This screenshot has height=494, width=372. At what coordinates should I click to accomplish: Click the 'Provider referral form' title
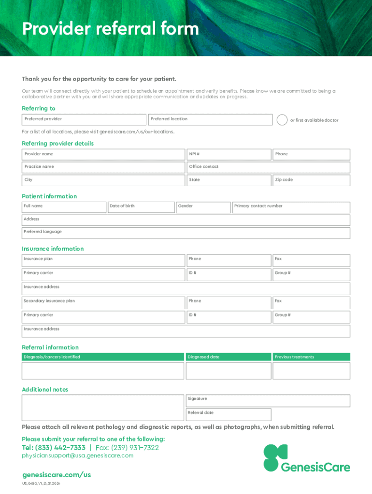point(110,29)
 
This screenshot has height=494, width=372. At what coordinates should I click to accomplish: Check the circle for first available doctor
point(282,120)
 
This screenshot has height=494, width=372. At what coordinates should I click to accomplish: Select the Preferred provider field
point(84,120)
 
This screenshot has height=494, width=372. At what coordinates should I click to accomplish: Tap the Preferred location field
point(210,120)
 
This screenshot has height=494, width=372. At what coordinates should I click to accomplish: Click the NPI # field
point(229,154)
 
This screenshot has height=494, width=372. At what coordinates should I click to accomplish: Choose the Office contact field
point(268,167)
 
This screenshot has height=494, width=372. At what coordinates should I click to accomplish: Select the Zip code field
point(311,180)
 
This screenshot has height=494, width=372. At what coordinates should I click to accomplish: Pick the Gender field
point(203,207)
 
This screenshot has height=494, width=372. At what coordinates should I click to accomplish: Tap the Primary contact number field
point(291,207)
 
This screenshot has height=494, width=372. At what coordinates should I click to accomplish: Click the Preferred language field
point(186,233)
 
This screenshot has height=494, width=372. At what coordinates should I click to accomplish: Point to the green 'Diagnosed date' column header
point(229,357)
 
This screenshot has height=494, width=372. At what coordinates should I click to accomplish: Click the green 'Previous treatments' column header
point(311,357)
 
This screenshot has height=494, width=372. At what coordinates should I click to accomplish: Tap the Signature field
point(268,401)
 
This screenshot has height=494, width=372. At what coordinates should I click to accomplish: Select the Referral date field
point(229,415)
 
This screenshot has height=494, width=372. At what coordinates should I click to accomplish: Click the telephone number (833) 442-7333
point(54,448)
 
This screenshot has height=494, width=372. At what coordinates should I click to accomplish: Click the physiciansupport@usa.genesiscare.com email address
point(77,456)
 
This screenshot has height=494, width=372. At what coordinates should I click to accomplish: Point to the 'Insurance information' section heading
point(53,249)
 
